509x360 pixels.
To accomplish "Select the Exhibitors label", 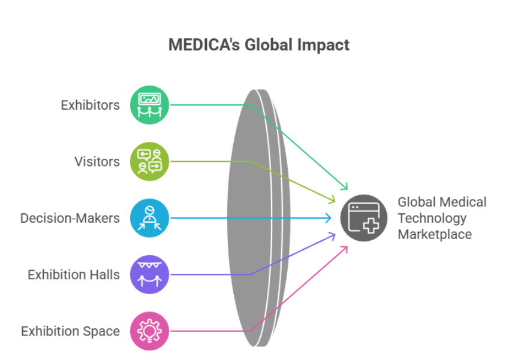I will (91, 105).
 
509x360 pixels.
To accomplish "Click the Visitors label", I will (97, 162).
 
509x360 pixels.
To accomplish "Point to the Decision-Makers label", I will (70, 218).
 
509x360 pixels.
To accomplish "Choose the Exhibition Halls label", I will (74, 275).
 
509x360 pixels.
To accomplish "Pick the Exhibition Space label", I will (71, 331).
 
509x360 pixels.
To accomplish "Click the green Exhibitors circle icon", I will (150, 105).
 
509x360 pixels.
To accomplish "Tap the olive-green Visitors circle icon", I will (150, 161).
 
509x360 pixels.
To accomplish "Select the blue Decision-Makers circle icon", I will (150, 217).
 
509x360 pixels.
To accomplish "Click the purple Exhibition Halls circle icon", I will (150, 274).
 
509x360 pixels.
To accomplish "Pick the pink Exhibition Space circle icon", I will (150, 331).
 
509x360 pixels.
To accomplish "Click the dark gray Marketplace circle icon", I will (364, 217).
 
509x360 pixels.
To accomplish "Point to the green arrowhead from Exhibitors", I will (345, 186).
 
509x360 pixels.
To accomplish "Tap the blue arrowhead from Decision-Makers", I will (329, 217).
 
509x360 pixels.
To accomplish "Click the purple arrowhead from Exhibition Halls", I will (332, 235).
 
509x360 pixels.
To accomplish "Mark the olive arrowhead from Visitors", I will (332, 199).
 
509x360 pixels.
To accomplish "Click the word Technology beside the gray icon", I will (432, 218).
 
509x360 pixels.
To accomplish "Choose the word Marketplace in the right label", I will (435, 234).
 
